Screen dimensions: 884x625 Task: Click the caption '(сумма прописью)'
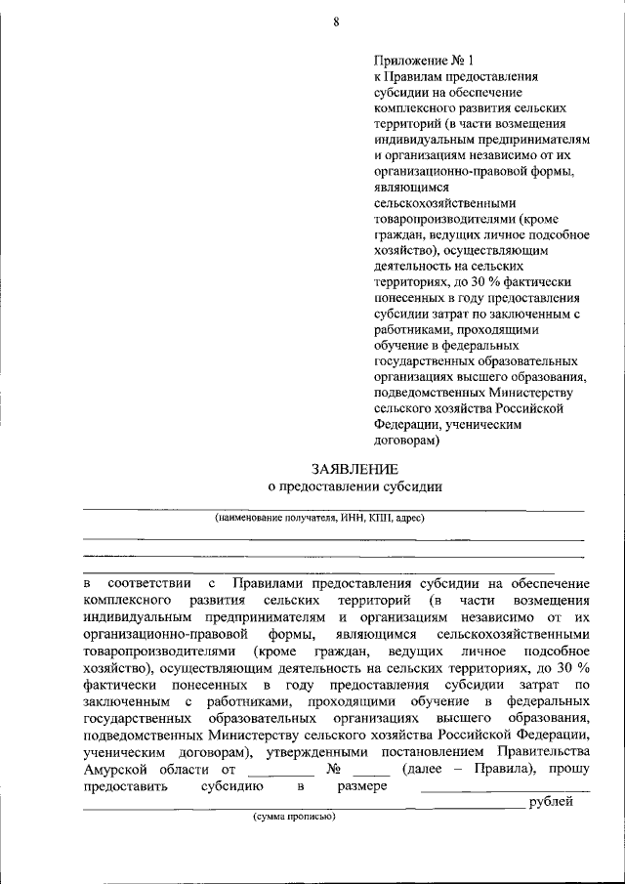click(294, 816)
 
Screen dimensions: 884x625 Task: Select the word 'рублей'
click(552, 802)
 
